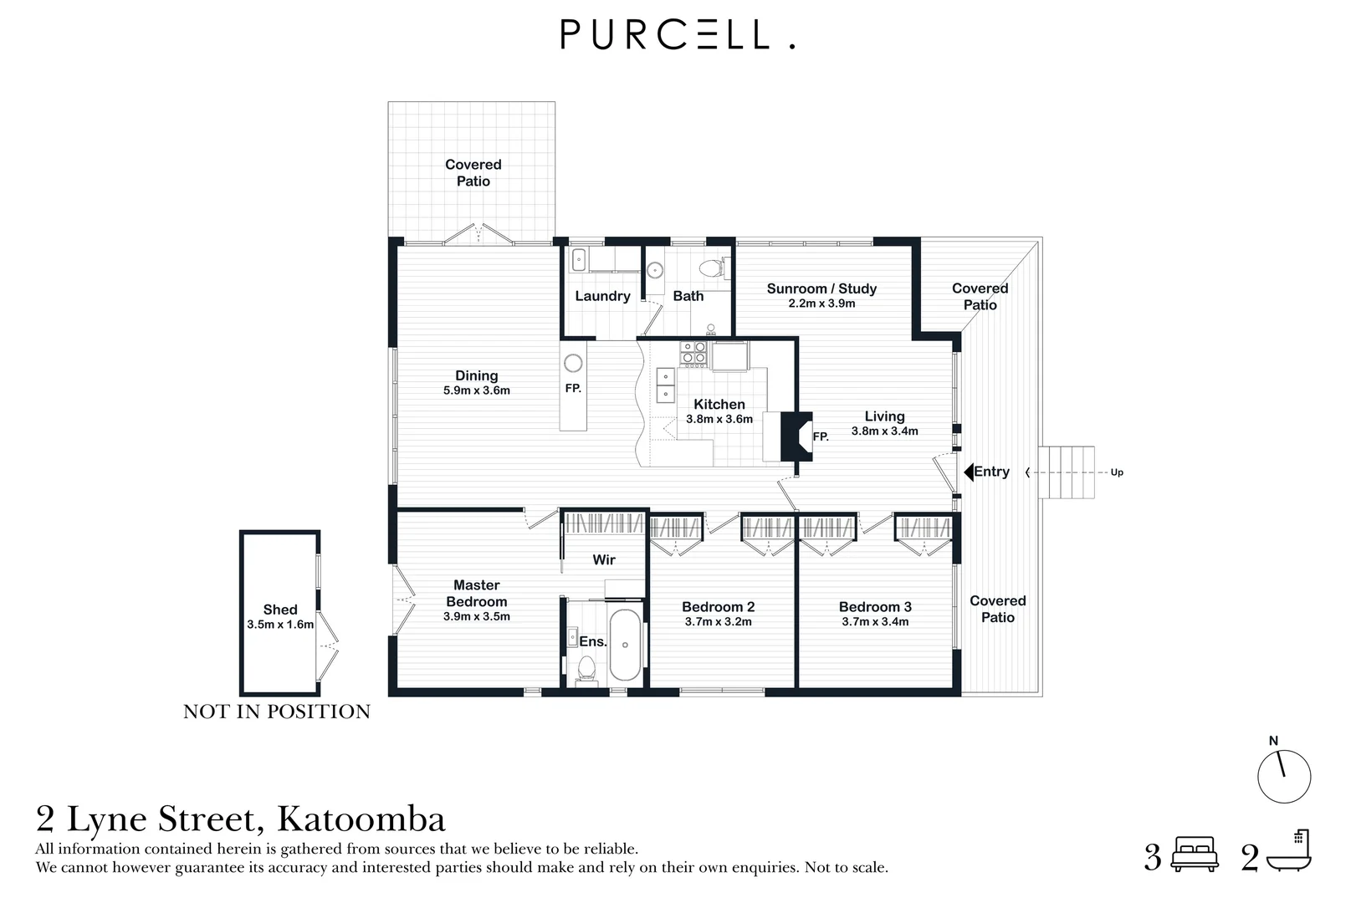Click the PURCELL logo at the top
pos(677,34)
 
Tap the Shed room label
pos(280,610)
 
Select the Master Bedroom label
pos(476,594)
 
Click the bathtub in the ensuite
pos(625,645)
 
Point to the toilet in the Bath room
pos(712,268)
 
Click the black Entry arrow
pos(969,472)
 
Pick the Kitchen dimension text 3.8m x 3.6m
pos(719,419)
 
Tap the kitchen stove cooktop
pos(693,352)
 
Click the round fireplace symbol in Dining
pos(573,363)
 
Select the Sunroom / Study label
pos(821,288)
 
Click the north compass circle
pos(1283,777)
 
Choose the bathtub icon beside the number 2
pos(1289,852)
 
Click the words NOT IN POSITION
pos(276,712)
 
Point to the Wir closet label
pos(604,559)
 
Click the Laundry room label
pos(602,296)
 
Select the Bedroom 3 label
pos(875,607)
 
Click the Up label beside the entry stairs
pos(1117,472)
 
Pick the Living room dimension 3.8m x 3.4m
pos(884,431)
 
